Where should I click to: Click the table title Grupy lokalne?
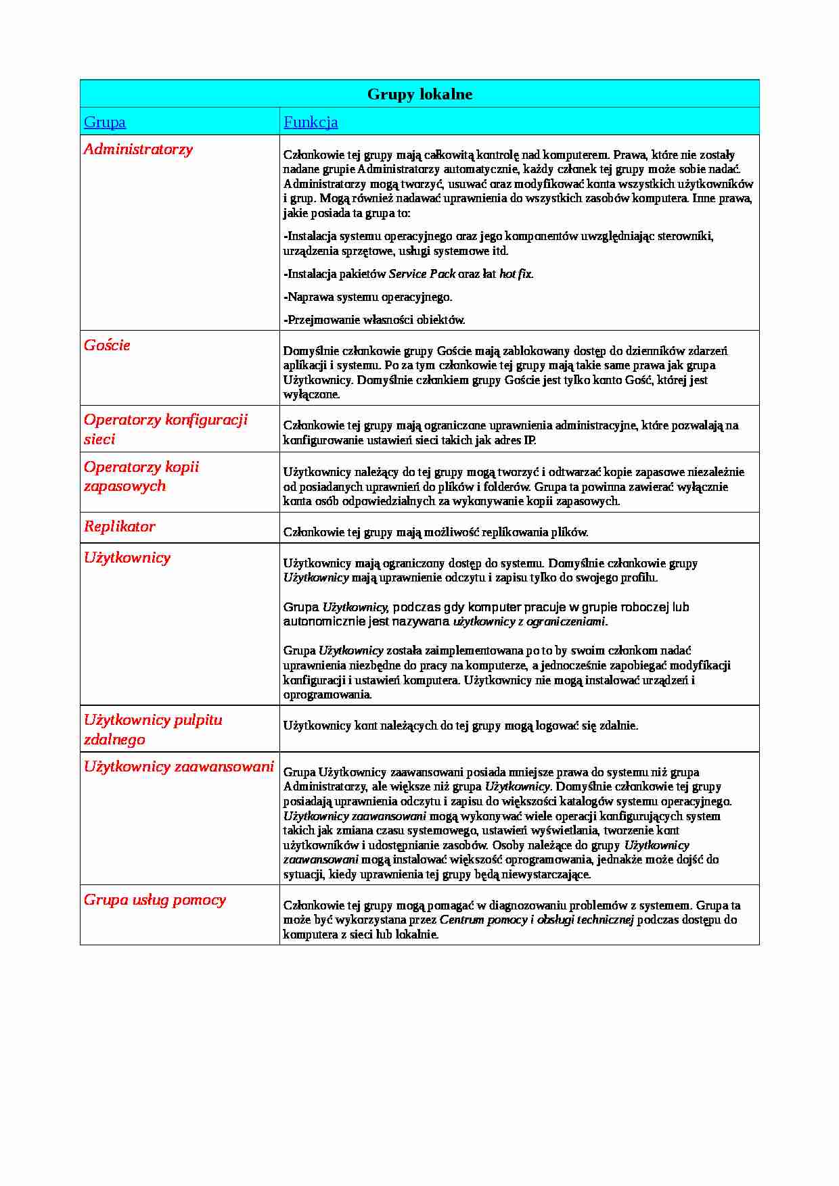(419, 94)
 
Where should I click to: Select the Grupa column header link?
(105, 122)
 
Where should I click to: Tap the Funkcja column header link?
(311, 122)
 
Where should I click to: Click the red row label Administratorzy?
(138, 149)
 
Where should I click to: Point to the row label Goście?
(107, 346)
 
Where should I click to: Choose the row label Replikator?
(120, 527)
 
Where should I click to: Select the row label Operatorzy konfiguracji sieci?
(165, 429)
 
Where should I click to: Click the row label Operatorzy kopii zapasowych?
(141, 477)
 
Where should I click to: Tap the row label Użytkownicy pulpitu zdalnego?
(153, 730)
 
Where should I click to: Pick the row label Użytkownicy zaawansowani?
(179, 767)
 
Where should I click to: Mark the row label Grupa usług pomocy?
(155, 900)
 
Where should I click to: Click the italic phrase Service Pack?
(422, 274)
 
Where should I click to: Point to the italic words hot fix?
(516, 274)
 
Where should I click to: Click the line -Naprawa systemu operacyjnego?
(367, 297)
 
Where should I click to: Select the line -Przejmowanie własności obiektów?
(374, 320)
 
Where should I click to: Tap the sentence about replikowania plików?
(436, 532)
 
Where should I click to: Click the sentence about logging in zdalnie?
(460, 726)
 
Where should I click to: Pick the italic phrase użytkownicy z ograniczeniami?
(530, 621)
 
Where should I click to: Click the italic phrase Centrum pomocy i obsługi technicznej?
(537, 920)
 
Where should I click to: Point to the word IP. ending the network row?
(530, 440)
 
